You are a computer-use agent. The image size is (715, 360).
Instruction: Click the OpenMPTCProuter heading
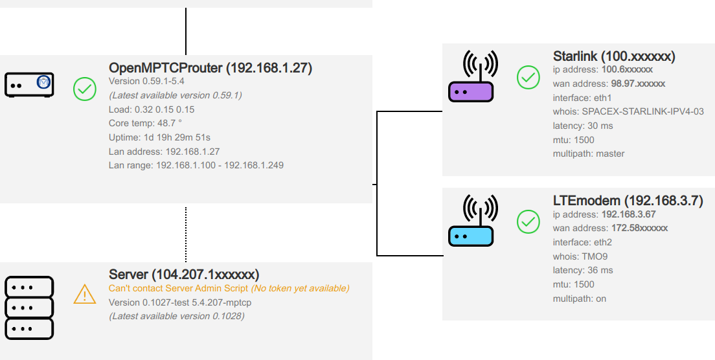click(210, 68)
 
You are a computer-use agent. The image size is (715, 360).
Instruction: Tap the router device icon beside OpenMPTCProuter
click(29, 85)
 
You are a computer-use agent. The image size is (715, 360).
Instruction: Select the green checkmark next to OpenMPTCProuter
click(84, 89)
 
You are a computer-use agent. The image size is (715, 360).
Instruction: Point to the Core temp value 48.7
click(163, 123)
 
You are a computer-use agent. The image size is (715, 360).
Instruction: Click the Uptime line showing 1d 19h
click(159, 137)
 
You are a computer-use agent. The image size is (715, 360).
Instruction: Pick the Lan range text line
click(196, 166)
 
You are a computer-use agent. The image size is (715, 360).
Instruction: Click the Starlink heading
click(614, 57)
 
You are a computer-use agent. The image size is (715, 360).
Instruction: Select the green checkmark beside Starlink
click(528, 78)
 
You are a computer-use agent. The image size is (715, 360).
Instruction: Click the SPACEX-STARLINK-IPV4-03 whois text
click(642, 111)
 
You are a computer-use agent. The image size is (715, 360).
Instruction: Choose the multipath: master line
click(588, 154)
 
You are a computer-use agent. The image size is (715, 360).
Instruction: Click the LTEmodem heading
click(628, 201)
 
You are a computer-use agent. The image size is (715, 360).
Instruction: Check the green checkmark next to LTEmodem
click(528, 223)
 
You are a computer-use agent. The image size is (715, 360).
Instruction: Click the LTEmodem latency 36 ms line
click(582, 271)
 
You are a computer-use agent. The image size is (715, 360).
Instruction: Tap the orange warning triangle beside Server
click(85, 295)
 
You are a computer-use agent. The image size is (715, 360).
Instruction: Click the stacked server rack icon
click(29, 308)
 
